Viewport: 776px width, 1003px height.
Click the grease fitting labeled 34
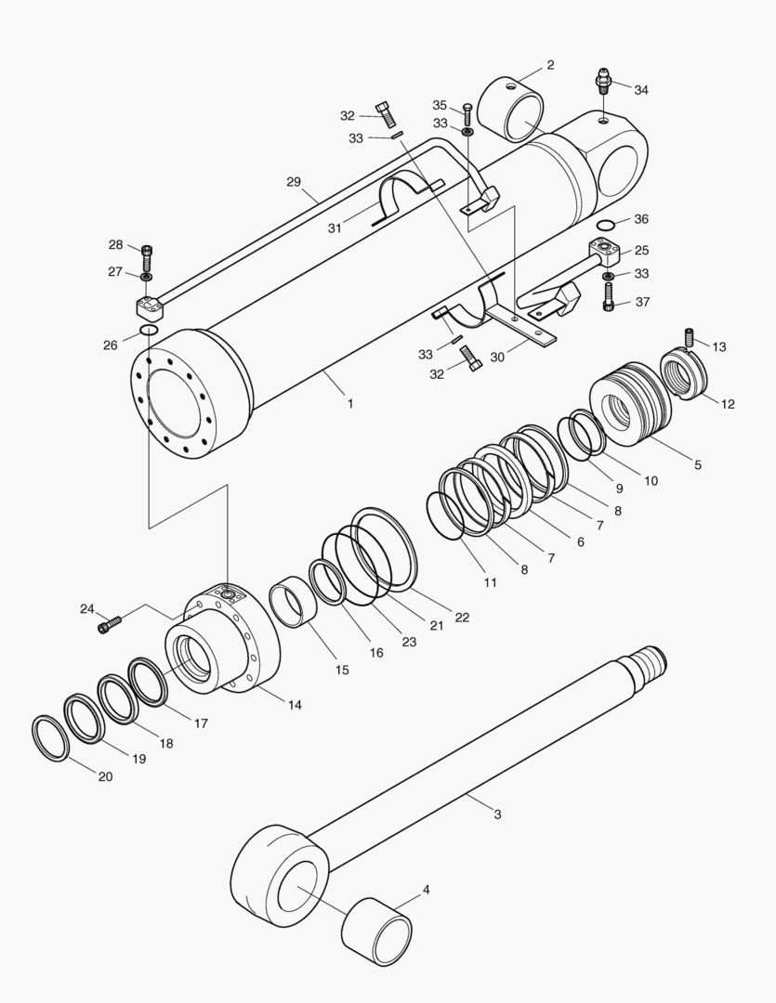(x=603, y=81)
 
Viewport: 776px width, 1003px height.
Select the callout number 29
(x=294, y=182)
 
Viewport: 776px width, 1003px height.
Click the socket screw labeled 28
(x=147, y=253)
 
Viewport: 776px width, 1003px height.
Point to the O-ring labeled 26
(x=149, y=332)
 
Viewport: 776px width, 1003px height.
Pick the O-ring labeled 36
(x=606, y=226)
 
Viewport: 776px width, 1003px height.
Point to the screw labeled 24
(x=109, y=625)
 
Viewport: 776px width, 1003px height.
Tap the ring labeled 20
(x=50, y=738)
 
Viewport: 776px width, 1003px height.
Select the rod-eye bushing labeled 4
(x=377, y=931)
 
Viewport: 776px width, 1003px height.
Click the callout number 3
(x=497, y=814)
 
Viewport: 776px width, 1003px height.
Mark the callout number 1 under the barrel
(x=350, y=404)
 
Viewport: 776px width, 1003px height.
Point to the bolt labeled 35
(x=467, y=117)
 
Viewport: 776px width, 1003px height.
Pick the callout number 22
(x=462, y=617)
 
